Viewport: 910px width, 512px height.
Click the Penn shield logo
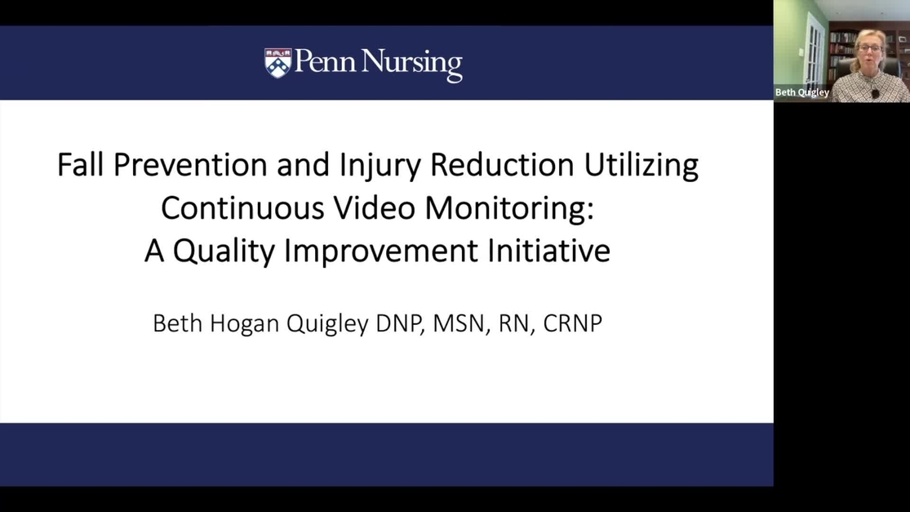(x=278, y=63)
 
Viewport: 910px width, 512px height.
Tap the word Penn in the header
(x=325, y=61)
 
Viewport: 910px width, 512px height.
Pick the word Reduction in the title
(x=502, y=164)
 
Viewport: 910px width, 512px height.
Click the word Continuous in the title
(x=242, y=207)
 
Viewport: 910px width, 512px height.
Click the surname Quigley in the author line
(x=327, y=324)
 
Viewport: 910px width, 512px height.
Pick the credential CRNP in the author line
(x=572, y=323)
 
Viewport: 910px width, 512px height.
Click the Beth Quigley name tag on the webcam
(x=802, y=92)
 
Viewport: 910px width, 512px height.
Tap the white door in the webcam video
(x=814, y=51)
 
